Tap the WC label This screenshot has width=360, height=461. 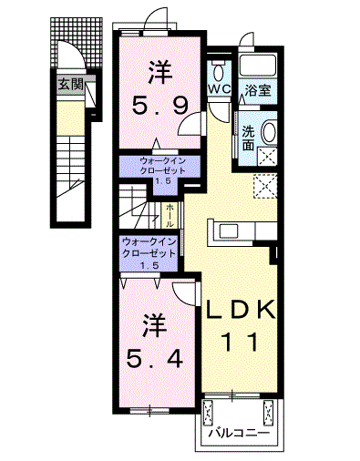point(218,89)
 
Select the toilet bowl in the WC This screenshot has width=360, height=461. point(220,71)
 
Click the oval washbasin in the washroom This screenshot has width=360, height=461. point(270,131)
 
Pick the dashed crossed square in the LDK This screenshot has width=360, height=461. point(266,187)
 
